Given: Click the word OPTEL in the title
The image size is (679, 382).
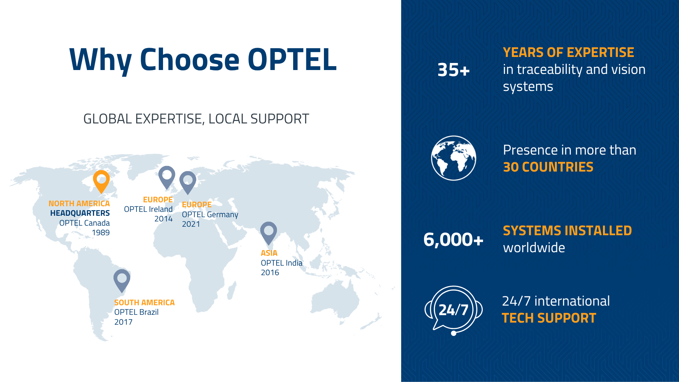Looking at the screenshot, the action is pos(292,59).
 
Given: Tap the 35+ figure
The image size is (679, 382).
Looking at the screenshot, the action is pos(453,70).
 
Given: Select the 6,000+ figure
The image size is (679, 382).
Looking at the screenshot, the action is pos(453,239).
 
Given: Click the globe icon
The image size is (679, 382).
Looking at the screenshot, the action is pos(453,158).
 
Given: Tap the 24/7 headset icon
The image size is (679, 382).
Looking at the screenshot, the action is pos(453,311).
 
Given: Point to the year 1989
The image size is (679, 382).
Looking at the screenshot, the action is pos(101,233).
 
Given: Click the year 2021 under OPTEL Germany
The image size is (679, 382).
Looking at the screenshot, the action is pos(191,224).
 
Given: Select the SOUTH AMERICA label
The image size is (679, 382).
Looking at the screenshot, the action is pos(144,303).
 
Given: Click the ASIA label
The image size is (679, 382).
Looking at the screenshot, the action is pos(269,253).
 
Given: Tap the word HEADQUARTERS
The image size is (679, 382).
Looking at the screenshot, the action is pos(80,213).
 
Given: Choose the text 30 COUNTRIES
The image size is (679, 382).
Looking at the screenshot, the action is pos(548,167).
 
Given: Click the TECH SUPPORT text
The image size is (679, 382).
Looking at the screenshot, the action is pos(549,318).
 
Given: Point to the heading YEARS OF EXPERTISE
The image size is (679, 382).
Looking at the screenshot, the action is pos(568,52).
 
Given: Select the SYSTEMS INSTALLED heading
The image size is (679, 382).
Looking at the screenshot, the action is pos(567,231).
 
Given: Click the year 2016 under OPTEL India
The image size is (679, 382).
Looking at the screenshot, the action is pos(270,273).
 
